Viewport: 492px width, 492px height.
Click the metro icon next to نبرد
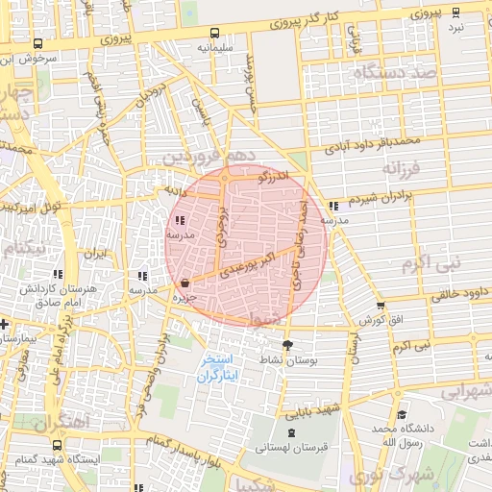click(x=455, y=12)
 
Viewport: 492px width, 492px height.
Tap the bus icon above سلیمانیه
click(x=217, y=32)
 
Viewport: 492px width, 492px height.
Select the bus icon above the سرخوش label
click(x=37, y=43)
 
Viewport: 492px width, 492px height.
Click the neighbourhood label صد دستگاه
click(x=394, y=73)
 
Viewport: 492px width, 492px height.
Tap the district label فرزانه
click(x=403, y=169)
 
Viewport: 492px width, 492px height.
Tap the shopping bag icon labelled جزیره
click(x=184, y=283)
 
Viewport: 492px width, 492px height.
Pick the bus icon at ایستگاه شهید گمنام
click(x=57, y=446)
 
